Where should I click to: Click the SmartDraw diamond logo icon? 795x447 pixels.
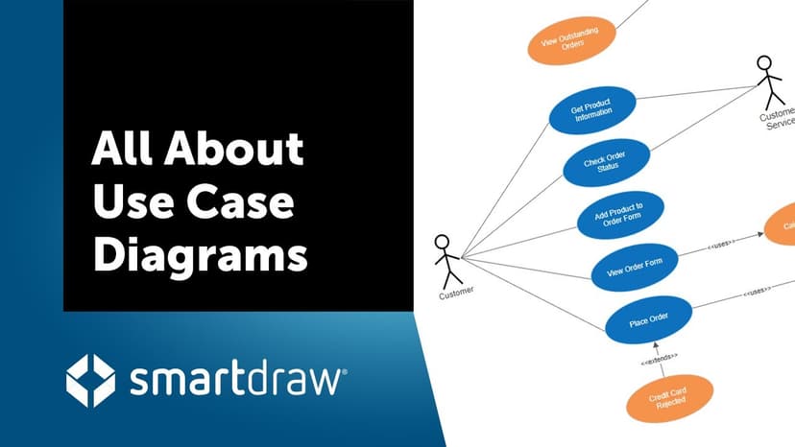coord(90,381)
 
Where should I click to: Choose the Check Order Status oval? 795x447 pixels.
coord(604,163)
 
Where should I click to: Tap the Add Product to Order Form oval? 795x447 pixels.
coord(620,215)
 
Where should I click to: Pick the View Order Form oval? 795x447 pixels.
coord(635,268)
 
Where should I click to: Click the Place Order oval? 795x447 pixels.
coord(648,321)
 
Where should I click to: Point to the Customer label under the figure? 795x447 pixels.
coord(456,294)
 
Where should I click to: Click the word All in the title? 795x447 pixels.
coord(124,152)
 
